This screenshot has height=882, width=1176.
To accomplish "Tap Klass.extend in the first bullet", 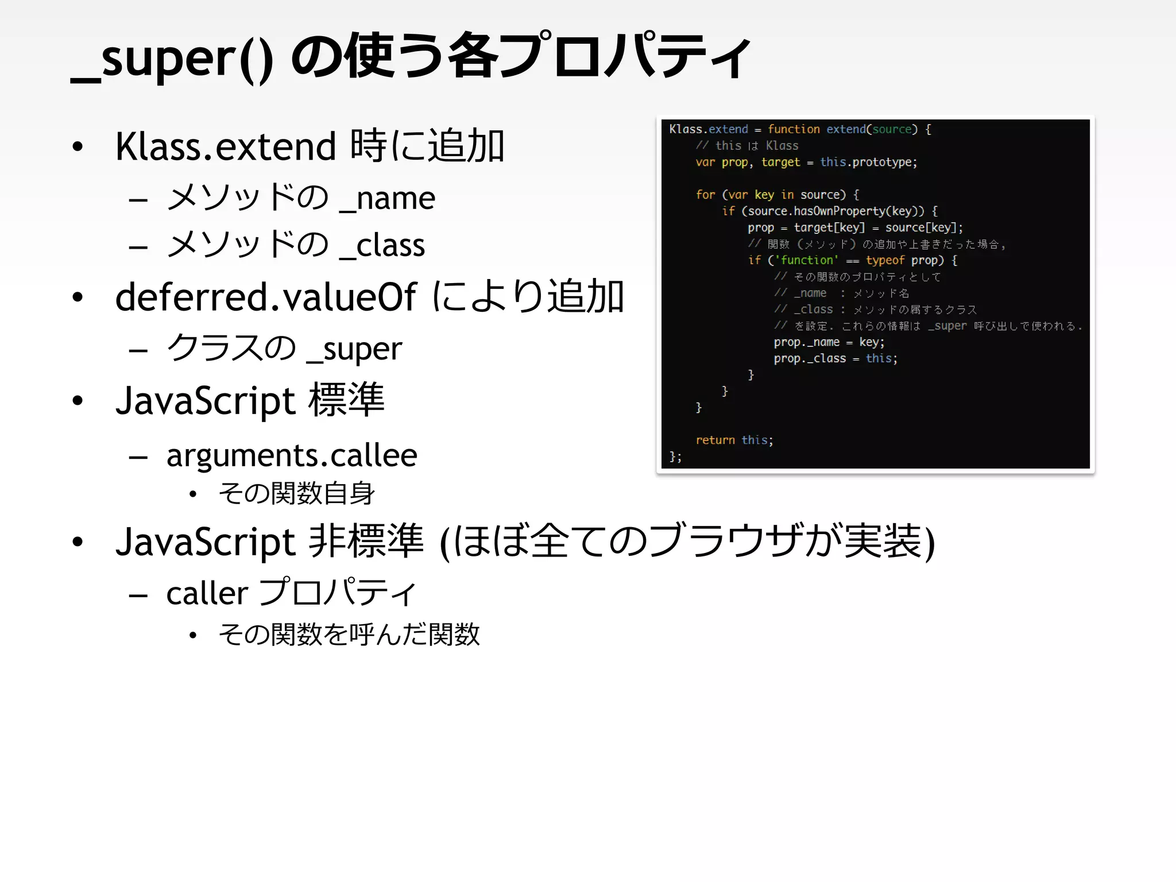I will pos(225,147).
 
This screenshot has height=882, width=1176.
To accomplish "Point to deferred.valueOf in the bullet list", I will pos(266,297).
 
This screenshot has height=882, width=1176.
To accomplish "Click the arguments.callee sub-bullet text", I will pos(292,456).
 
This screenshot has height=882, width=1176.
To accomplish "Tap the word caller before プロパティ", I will pos(207,594).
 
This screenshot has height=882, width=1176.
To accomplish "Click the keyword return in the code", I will pos(715,440).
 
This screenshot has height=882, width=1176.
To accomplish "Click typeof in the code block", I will pos(885,261).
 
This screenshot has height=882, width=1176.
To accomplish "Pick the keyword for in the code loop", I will pos(705,195).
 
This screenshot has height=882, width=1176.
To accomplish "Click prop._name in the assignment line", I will pos(806,343).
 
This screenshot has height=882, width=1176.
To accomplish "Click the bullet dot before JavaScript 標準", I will pos(78,401).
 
